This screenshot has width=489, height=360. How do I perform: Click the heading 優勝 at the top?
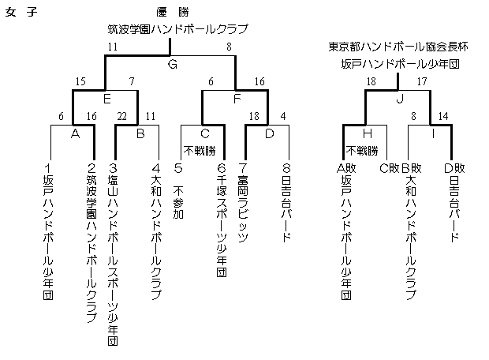tap(173, 12)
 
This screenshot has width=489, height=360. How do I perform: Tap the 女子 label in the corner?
tap(21, 12)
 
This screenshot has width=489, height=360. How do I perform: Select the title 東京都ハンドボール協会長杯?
tap(398, 47)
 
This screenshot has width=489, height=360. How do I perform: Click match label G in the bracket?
tap(173, 64)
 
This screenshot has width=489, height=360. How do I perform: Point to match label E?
tap(107, 99)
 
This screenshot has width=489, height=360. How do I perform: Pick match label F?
tap(237, 99)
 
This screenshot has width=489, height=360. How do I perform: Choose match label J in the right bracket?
tap(400, 99)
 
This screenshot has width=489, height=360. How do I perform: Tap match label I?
tap(433, 133)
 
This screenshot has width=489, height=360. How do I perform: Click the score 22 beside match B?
tap(122, 117)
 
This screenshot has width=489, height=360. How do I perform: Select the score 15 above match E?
tap(80, 82)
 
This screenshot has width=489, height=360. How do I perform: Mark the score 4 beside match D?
tap(283, 117)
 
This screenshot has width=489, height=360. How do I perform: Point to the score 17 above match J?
tap(422, 82)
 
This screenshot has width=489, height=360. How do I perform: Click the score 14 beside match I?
tap(443, 117)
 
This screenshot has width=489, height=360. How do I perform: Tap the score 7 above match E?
tap(132, 82)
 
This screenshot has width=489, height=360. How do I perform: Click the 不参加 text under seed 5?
tap(178, 202)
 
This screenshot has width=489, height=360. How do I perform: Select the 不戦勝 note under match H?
tap(362, 151)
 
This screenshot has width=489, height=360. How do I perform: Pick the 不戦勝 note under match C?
tap(200, 151)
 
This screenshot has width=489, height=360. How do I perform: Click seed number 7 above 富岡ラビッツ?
tap(243, 168)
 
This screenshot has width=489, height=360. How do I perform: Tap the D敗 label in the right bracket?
tap(454, 169)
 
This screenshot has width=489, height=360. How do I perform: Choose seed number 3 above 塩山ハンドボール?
tap(113, 168)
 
